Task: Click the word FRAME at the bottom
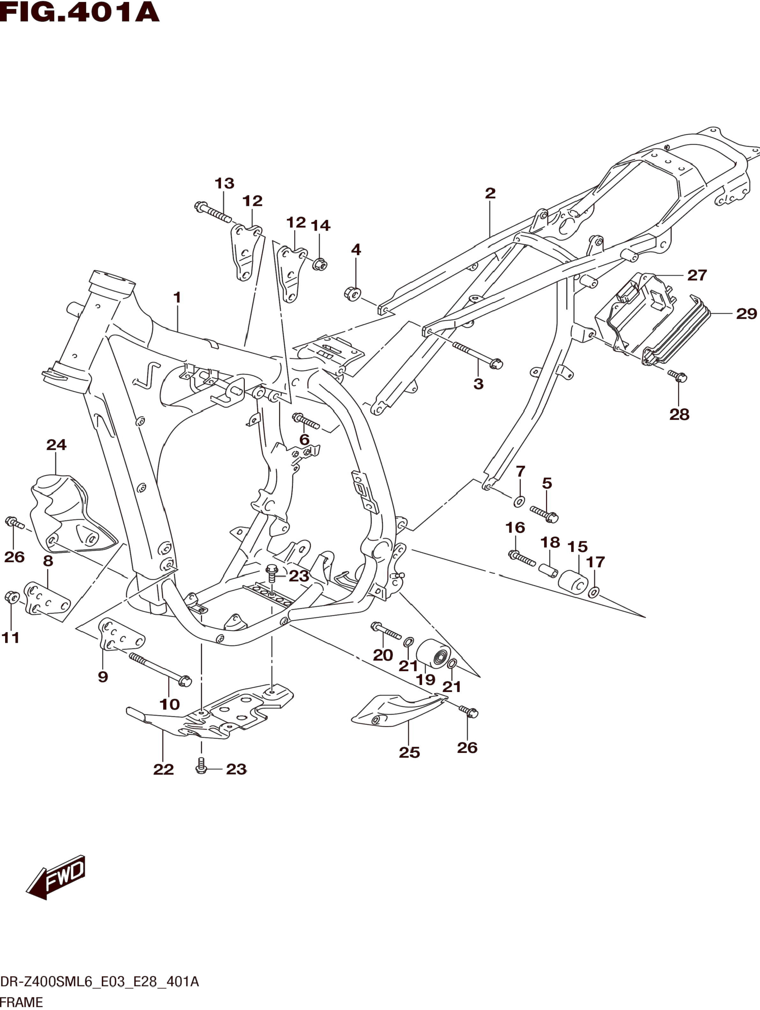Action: pyautogui.click(x=21, y=1002)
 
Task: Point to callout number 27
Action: pyautogui.click(x=697, y=275)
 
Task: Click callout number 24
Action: pyautogui.click(x=56, y=445)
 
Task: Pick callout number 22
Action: pyautogui.click(x=163, y=769)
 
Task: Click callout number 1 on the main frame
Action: pyautogui.click(x=177, y=298)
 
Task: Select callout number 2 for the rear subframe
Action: pyautogui.click(x=490, y=193)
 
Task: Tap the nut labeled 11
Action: pyautogui.click(x=11, y=597)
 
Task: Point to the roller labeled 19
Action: pyautogui.click(x=433, y=653)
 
